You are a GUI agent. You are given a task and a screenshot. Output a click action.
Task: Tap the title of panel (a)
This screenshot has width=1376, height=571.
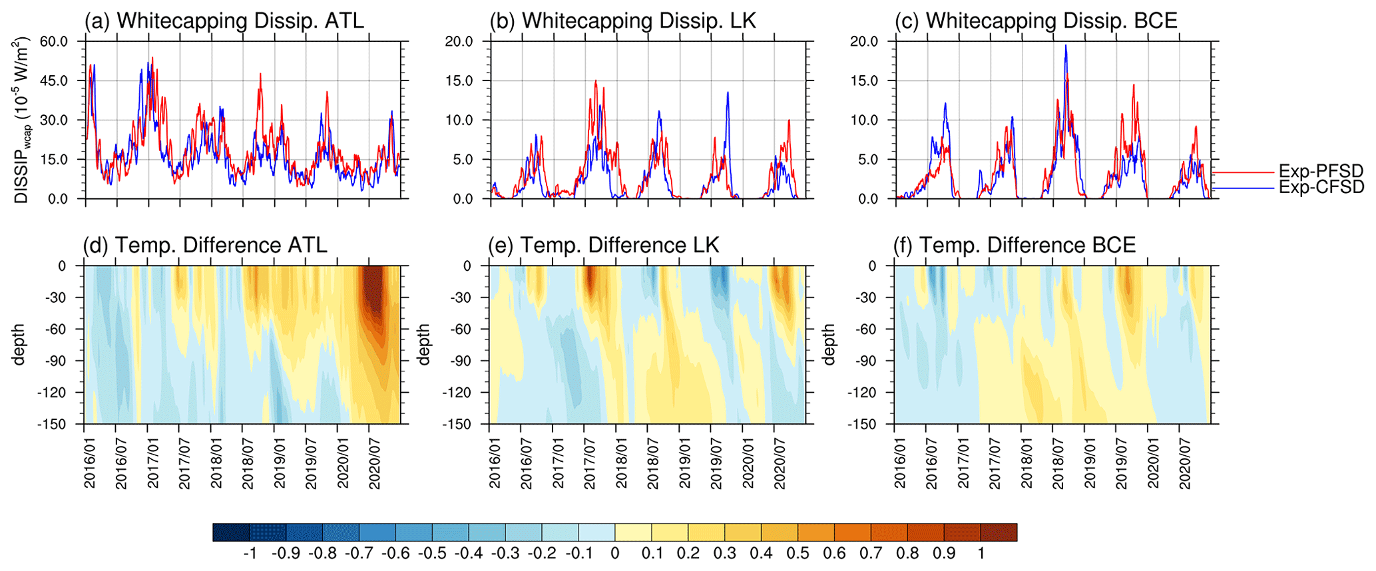pyautogui.click(x=224, y=21)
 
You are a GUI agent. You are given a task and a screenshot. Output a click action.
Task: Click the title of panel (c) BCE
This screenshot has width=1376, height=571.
pyautogui.click(x=1036, y=21)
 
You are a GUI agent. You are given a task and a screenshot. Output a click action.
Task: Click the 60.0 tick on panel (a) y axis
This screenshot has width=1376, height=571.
pyautogui.click(x=54, y=41)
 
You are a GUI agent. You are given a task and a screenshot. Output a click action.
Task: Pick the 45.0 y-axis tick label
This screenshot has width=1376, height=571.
pyautogui.click(x=54, y=81)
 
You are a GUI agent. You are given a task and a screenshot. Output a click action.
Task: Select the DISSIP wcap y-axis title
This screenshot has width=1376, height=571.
pyautogui.click(x=21, y=120)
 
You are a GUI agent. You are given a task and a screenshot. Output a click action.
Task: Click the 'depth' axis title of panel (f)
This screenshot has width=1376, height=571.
pyautogui.click(x=829, y=345)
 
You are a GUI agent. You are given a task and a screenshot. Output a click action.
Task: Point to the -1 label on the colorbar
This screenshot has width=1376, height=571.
pyautogui.click(x=250, y=554)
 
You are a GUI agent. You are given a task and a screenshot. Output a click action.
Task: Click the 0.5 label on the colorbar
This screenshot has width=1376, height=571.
pyautogui.click(x=798, y=554)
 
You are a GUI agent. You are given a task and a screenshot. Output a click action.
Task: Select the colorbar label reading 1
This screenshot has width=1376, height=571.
pyautogui.click(x=981, y=554)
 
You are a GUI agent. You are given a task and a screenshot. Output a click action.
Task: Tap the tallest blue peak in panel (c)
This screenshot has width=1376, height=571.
pyautogui.click(x=1066, y=47)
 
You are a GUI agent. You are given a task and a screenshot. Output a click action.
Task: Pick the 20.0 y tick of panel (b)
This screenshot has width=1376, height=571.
pyautogui.click(x=459, y=41)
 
